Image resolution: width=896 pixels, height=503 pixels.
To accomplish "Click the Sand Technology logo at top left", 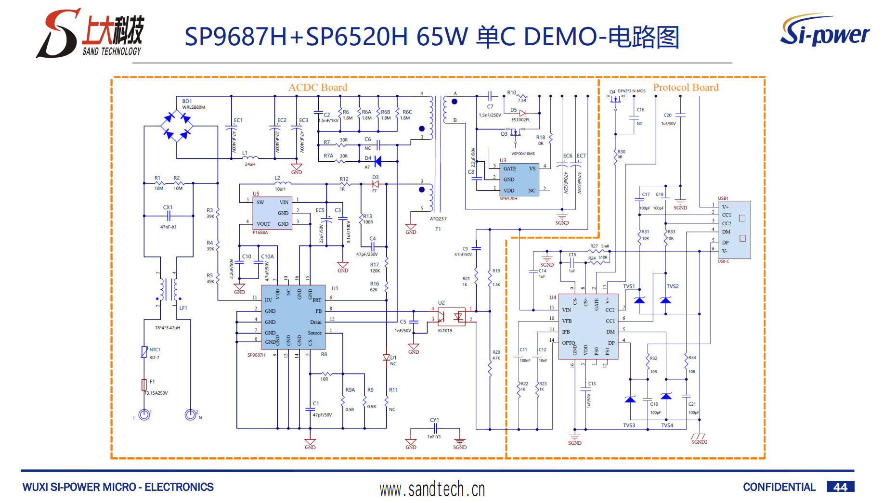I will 91,33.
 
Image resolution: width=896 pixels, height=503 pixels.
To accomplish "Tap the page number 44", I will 840,487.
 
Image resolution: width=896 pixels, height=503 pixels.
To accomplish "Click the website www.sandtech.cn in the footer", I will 432,489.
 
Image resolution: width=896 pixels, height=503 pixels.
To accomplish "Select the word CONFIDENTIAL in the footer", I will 779,487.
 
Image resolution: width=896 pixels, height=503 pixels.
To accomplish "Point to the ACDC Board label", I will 318,88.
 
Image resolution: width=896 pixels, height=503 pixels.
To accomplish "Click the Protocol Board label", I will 686,88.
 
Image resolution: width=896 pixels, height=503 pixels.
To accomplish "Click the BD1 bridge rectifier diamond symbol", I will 177,126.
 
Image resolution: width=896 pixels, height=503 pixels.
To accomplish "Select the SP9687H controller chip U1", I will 293,317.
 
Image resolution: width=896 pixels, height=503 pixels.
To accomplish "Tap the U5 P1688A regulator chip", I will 273,213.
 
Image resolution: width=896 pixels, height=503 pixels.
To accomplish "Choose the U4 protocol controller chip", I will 588,327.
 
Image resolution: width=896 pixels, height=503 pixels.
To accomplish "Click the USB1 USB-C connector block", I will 734,230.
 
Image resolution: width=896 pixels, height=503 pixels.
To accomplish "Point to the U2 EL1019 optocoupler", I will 451,316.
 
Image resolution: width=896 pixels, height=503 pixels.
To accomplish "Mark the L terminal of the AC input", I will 144,414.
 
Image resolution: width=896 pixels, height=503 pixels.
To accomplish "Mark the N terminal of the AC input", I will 191,414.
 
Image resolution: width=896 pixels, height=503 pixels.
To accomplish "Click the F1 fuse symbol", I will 144,384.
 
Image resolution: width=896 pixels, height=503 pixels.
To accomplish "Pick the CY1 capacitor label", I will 434,420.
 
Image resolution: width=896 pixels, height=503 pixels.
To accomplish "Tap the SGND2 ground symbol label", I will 699,442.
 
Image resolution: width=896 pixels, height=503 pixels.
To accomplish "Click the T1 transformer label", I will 438,229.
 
